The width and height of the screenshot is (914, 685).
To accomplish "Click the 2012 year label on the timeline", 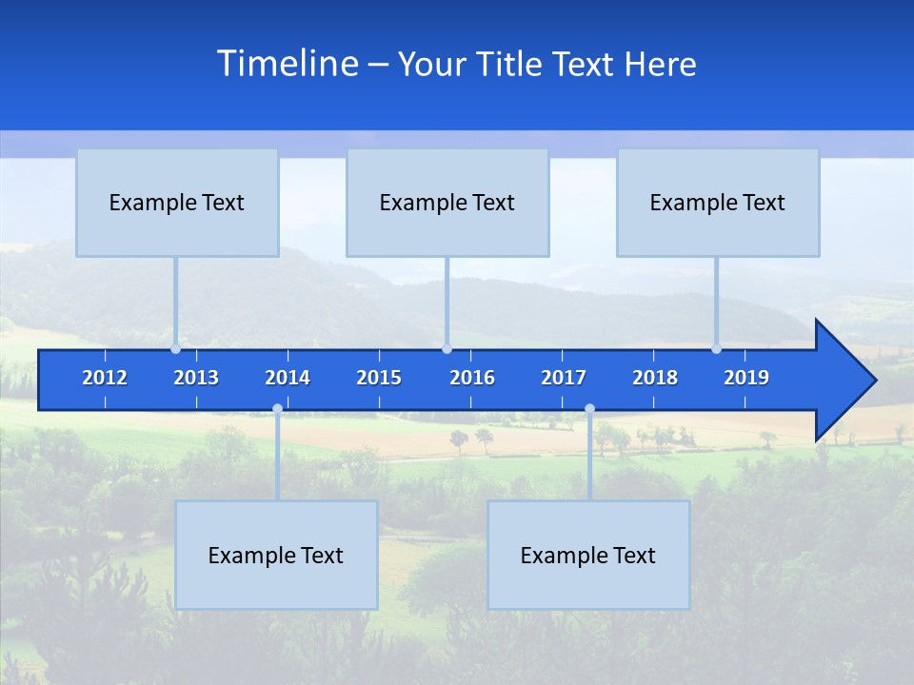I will [105, 378].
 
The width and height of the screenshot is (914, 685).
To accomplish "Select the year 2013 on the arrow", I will [196, 378].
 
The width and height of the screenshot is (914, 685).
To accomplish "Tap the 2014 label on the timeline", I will [288, 378].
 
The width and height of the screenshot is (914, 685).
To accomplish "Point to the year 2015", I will [379, 378].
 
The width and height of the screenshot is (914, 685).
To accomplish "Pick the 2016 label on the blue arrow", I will [472, 378].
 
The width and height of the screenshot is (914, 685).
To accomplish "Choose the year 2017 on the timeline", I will [564, 378].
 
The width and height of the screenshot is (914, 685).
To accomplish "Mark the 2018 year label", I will [655, 378].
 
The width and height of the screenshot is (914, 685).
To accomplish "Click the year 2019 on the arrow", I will [746, 378].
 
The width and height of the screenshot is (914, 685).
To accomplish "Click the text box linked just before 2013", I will [177, 203].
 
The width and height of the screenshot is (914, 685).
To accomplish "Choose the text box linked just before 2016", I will [447, 203].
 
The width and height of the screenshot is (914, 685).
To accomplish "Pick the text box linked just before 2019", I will [718, 203].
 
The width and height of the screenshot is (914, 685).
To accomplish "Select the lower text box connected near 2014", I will [276, 556].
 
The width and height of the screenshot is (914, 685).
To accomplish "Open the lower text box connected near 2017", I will [588, 556].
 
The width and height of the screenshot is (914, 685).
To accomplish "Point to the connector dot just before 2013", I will [175, 349].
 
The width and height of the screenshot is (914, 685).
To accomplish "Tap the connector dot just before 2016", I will [447, 349].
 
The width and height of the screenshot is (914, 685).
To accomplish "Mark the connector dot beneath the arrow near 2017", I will [589, 409].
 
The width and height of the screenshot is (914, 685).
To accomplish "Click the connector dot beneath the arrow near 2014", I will [277, 409].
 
